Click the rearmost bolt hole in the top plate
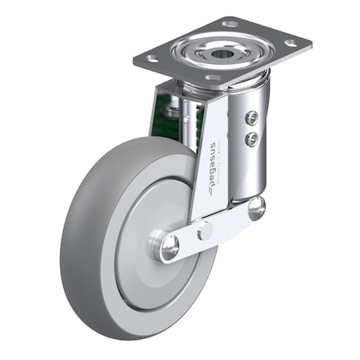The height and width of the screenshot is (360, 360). point(231,24)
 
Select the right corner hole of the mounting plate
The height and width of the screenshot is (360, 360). point(290,42)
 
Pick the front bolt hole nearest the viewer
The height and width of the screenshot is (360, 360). point(213,78)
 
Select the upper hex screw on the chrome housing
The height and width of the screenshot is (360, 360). point(251,118)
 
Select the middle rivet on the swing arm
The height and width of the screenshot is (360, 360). point(205,231)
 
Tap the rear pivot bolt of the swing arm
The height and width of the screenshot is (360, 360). point(256,208)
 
